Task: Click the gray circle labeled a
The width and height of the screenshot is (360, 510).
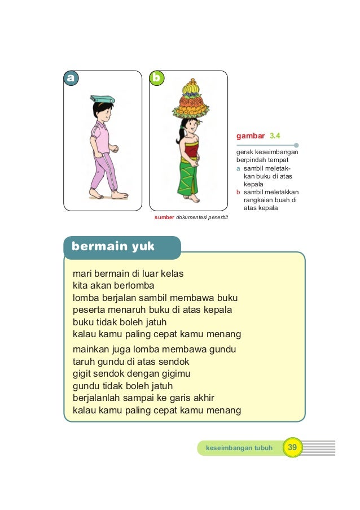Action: (x=70, y=79)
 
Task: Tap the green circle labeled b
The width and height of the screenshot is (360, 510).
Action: (x=156, y=79)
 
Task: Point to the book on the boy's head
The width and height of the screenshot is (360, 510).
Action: (x=102, y=99)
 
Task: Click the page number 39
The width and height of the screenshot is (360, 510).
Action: (x=292, y=448)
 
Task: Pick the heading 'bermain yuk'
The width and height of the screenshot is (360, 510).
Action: (x=113, y=247)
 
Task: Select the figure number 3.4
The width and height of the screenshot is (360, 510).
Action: (x=275, y=136)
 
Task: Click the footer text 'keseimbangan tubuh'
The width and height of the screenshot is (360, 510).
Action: (x=239, y=448)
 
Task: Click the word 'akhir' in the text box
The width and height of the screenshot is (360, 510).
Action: (x=203, y=398)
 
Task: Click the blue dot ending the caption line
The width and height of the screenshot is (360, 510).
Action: (x=296, y=145)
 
